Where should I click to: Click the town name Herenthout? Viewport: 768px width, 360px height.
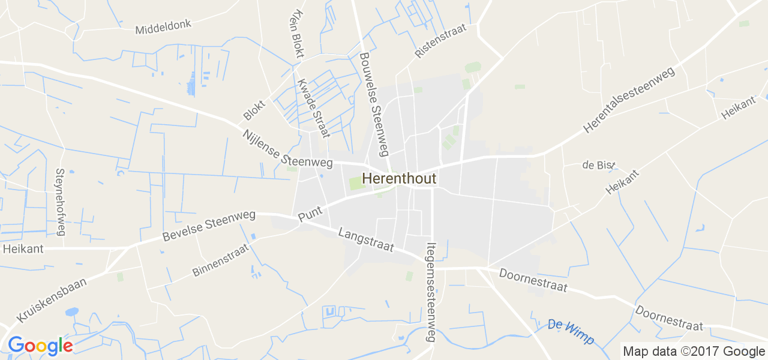[399, 179]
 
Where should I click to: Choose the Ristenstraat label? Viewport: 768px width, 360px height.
[440, 41]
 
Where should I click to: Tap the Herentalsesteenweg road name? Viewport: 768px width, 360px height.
[629, 100]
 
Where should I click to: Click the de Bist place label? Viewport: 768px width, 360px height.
[599, 165]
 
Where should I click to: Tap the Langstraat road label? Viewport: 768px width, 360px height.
[366, 239]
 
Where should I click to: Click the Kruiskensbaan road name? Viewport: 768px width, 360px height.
[52, 299]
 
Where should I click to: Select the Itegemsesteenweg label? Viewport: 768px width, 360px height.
[430, 292]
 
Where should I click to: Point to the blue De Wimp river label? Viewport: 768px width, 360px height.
[571, 332]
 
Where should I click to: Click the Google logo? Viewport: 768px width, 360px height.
[40, 346]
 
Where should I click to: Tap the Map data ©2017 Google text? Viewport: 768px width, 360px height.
[694, 352]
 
